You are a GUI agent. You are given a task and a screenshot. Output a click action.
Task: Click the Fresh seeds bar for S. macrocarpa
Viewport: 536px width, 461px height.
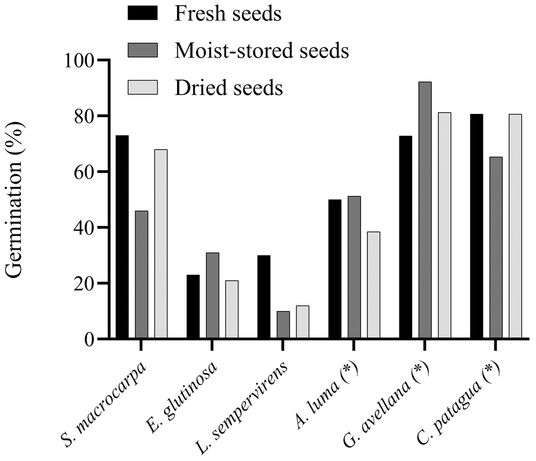tap(122, 237)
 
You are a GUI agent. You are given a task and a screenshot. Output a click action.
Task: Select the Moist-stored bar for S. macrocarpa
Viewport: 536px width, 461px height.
tap(141, 275)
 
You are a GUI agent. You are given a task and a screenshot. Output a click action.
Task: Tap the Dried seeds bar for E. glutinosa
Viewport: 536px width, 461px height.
tap(231, 310)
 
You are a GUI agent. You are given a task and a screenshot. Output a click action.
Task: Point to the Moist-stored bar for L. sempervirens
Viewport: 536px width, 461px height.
tap(283, 325)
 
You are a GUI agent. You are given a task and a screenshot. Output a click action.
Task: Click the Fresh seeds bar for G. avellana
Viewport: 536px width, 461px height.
tap(406, 237)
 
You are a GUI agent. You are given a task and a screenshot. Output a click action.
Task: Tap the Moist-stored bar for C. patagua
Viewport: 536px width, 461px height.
tap(496, 248)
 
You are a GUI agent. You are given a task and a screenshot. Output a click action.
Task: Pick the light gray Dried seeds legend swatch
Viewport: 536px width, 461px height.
tap(146, 88)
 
